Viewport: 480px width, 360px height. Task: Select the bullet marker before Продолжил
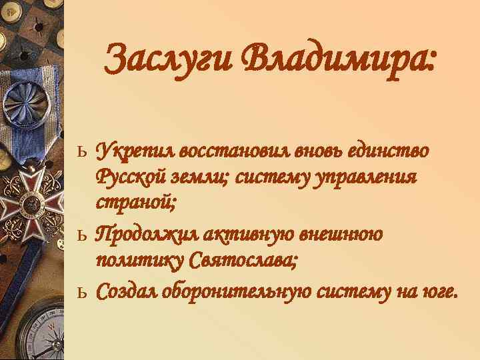[83, 236]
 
